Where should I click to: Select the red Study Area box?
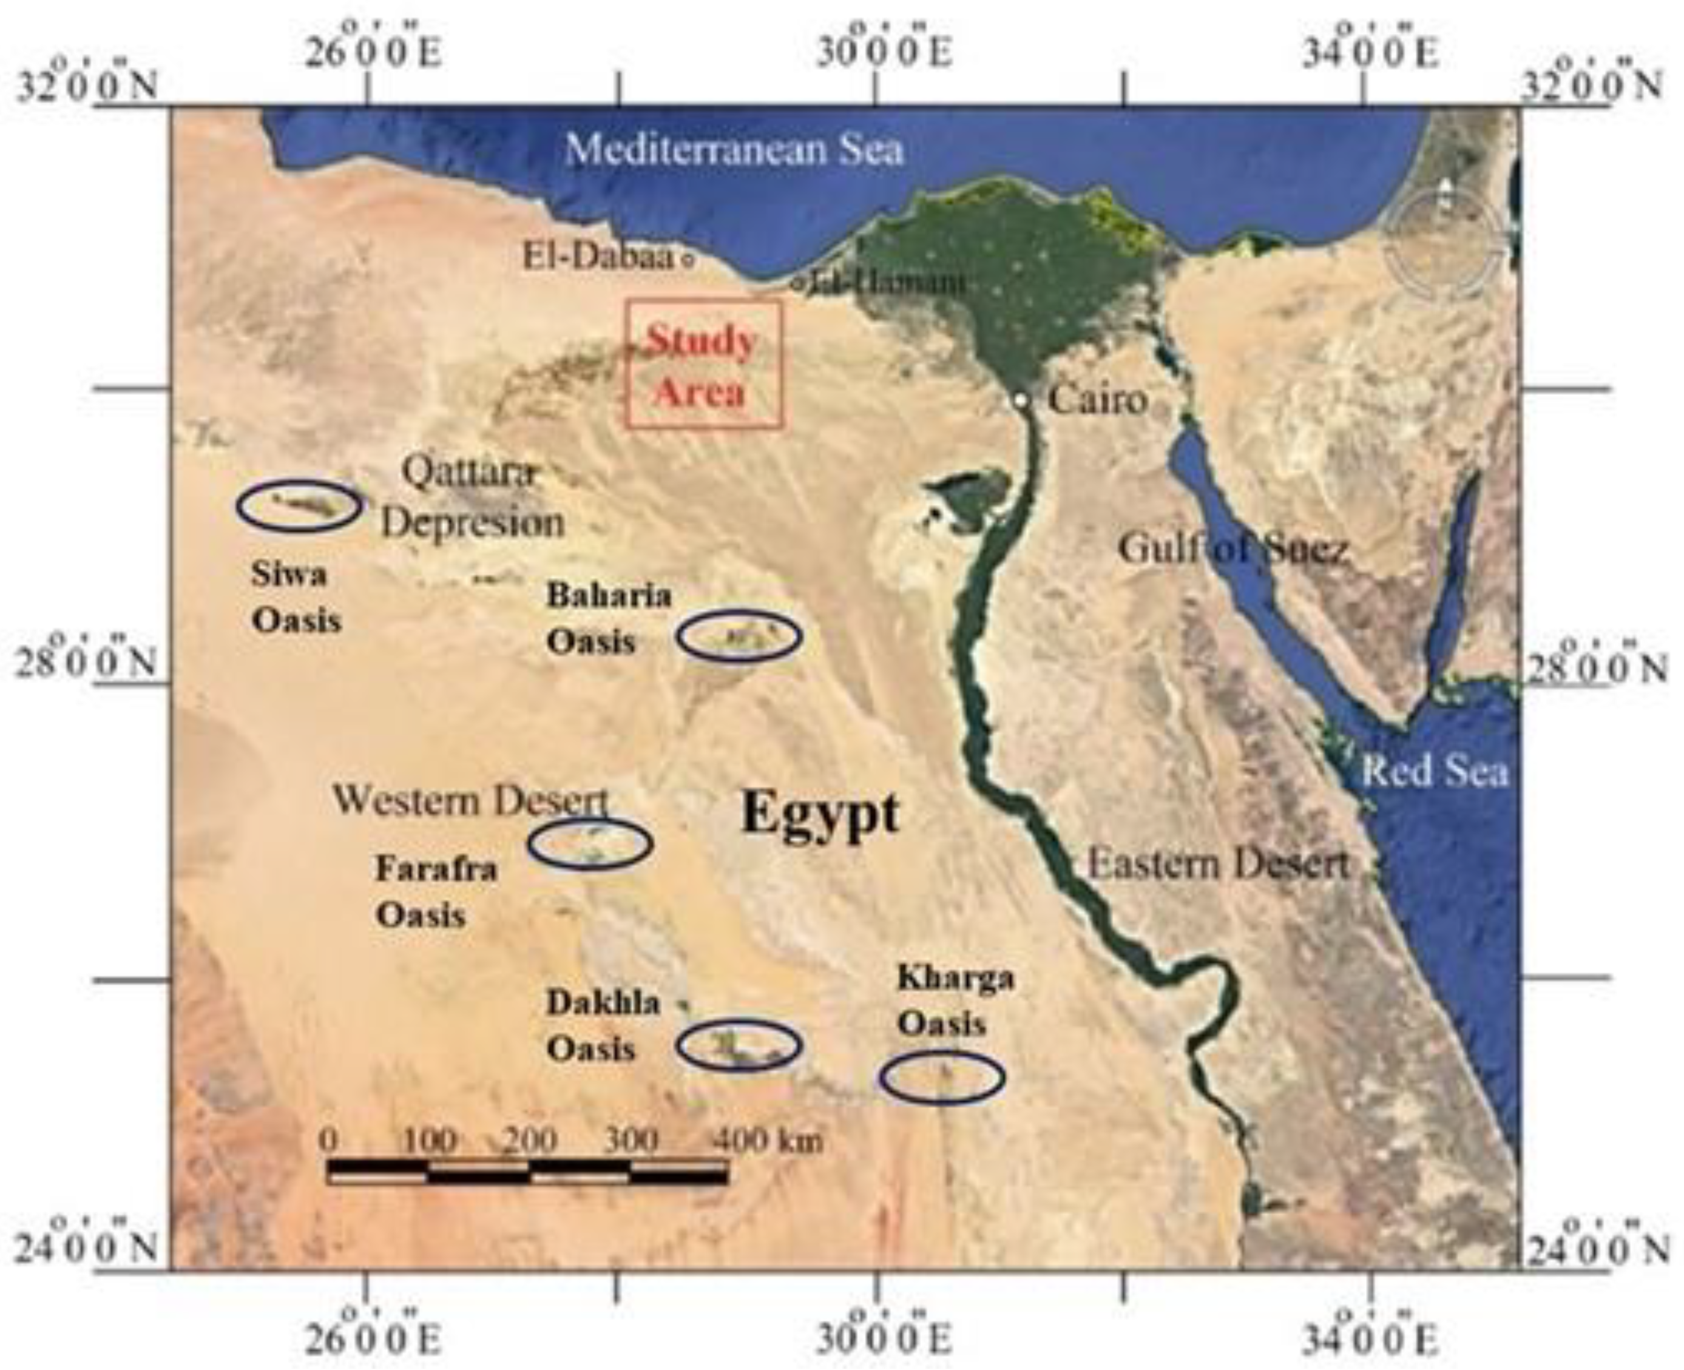703,364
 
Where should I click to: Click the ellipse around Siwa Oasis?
299,505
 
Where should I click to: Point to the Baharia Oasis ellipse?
739,636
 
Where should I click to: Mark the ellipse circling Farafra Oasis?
590,843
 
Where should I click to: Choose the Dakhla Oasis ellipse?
739,1045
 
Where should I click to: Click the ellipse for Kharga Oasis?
942,1077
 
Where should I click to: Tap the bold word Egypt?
820,813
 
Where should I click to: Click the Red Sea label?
1435,771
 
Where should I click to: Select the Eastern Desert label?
1217,865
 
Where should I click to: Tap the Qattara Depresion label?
473,499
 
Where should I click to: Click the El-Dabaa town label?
599,257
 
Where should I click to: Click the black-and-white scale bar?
527,1172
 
